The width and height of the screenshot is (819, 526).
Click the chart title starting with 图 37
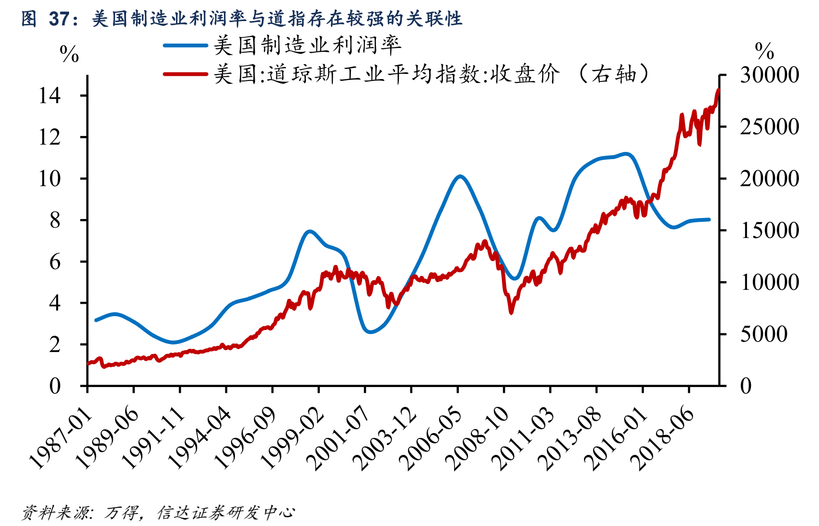click(242, 18)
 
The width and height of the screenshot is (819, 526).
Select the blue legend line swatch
click(185, 46)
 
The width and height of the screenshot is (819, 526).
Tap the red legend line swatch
click(185, 74)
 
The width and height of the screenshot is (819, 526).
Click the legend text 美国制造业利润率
click(307, 46)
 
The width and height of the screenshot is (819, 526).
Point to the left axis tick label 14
click(50, 96)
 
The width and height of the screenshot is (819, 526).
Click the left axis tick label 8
click(55, 220)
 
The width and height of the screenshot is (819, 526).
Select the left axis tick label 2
click(55, 344)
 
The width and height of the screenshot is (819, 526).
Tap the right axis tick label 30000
click(769, 75)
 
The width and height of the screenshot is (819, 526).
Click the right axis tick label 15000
click(769, 230)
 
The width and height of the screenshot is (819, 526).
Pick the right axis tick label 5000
click(763, 334)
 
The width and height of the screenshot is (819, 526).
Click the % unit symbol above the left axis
click(69, 54)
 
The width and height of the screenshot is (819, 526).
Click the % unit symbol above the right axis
click(764, 50)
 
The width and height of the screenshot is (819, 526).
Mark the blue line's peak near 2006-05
click(460, 176)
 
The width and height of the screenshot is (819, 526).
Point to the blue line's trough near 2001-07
click(370, 332)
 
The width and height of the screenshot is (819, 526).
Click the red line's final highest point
click(718, 90)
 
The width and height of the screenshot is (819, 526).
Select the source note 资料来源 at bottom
click(158, 513)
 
